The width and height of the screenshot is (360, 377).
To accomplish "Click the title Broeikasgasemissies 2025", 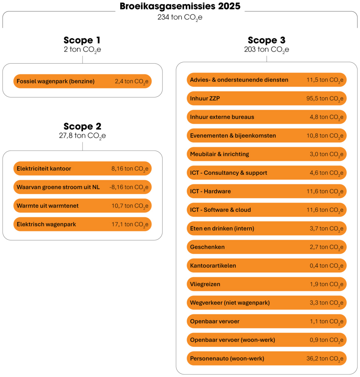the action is coord(180,6).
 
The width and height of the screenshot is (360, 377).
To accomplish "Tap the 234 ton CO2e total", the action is coord(180,18).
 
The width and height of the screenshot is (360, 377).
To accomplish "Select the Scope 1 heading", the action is coord(82,40).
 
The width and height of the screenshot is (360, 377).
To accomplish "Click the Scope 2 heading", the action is coord(82,126).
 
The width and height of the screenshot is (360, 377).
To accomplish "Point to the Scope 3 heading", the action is coord(267,40).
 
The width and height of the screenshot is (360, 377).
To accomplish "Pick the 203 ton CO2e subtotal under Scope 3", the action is coord(267,50).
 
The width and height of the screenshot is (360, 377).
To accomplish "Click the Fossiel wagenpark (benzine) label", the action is coord(56,81).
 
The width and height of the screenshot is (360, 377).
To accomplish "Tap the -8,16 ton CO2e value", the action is coord(129,187).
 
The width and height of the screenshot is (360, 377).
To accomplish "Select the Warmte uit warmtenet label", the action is coord(48,206).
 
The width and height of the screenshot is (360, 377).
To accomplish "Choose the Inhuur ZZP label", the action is coord(205,98).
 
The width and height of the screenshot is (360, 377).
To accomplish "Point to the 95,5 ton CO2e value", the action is coord(325,99).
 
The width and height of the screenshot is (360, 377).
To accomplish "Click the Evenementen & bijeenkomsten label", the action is coord(233,135).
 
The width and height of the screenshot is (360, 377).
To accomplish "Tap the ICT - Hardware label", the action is coord(210,191).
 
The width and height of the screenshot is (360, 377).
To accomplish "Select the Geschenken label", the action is coord(207,247).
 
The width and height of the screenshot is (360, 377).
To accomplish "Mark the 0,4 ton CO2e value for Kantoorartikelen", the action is coord(326,266).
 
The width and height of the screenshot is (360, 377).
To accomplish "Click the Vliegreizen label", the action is coord(205,284).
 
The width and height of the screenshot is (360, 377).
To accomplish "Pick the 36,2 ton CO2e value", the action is coord(325,359).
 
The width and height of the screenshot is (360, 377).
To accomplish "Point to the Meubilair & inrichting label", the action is coord(220,154).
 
